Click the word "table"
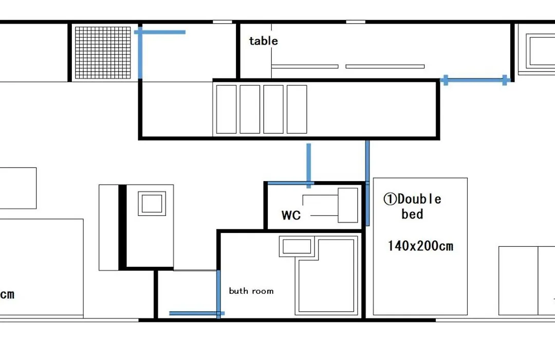(263, 41)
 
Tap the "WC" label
(291, 215)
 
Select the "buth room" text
(251, 291)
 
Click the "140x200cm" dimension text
(420, 246)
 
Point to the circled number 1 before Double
(390, 199)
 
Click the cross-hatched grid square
(103, 52)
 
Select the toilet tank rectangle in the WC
(347, 205)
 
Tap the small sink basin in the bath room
(297, 246)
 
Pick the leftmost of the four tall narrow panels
(226, 109)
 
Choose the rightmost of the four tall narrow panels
(297, 109)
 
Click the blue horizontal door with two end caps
(475, 80)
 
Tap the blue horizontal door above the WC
(290, 183)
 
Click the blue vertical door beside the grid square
(140, 52)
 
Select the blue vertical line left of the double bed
(367, 183)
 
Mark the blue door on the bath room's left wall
(218, 294)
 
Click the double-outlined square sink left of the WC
(152, 203)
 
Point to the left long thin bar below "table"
(305, 66)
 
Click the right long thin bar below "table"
(385, 66)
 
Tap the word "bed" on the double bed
(412, 214)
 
